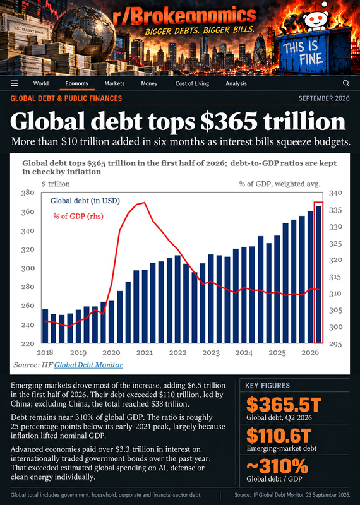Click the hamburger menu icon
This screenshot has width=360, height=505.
pos(15,83)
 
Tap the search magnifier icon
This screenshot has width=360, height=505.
pos(346,83)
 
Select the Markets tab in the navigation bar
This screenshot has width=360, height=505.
pos(114,83)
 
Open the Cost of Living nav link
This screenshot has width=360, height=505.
pos(192,83)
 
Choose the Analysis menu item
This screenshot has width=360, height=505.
pos(236,83)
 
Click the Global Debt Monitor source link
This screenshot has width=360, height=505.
pos(88,365)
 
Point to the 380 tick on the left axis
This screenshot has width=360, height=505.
pos(28,193)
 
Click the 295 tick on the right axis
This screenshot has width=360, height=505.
pos(335,344)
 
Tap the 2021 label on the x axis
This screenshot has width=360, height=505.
pos(145,353)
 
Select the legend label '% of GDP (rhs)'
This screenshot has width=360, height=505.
pos(78,216)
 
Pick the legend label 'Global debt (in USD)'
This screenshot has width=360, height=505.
pos(85,201)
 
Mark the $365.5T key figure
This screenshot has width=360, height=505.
pos(284,405)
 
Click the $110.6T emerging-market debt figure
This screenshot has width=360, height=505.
pos(279,436)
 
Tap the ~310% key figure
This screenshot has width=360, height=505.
pos(277,466)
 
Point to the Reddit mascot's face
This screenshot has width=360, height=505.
pos(316,20)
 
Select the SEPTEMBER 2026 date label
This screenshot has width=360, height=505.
pos(324,98)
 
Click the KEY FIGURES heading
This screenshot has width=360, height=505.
pos(267,386)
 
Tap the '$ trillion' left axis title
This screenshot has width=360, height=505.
pos(56,184)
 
